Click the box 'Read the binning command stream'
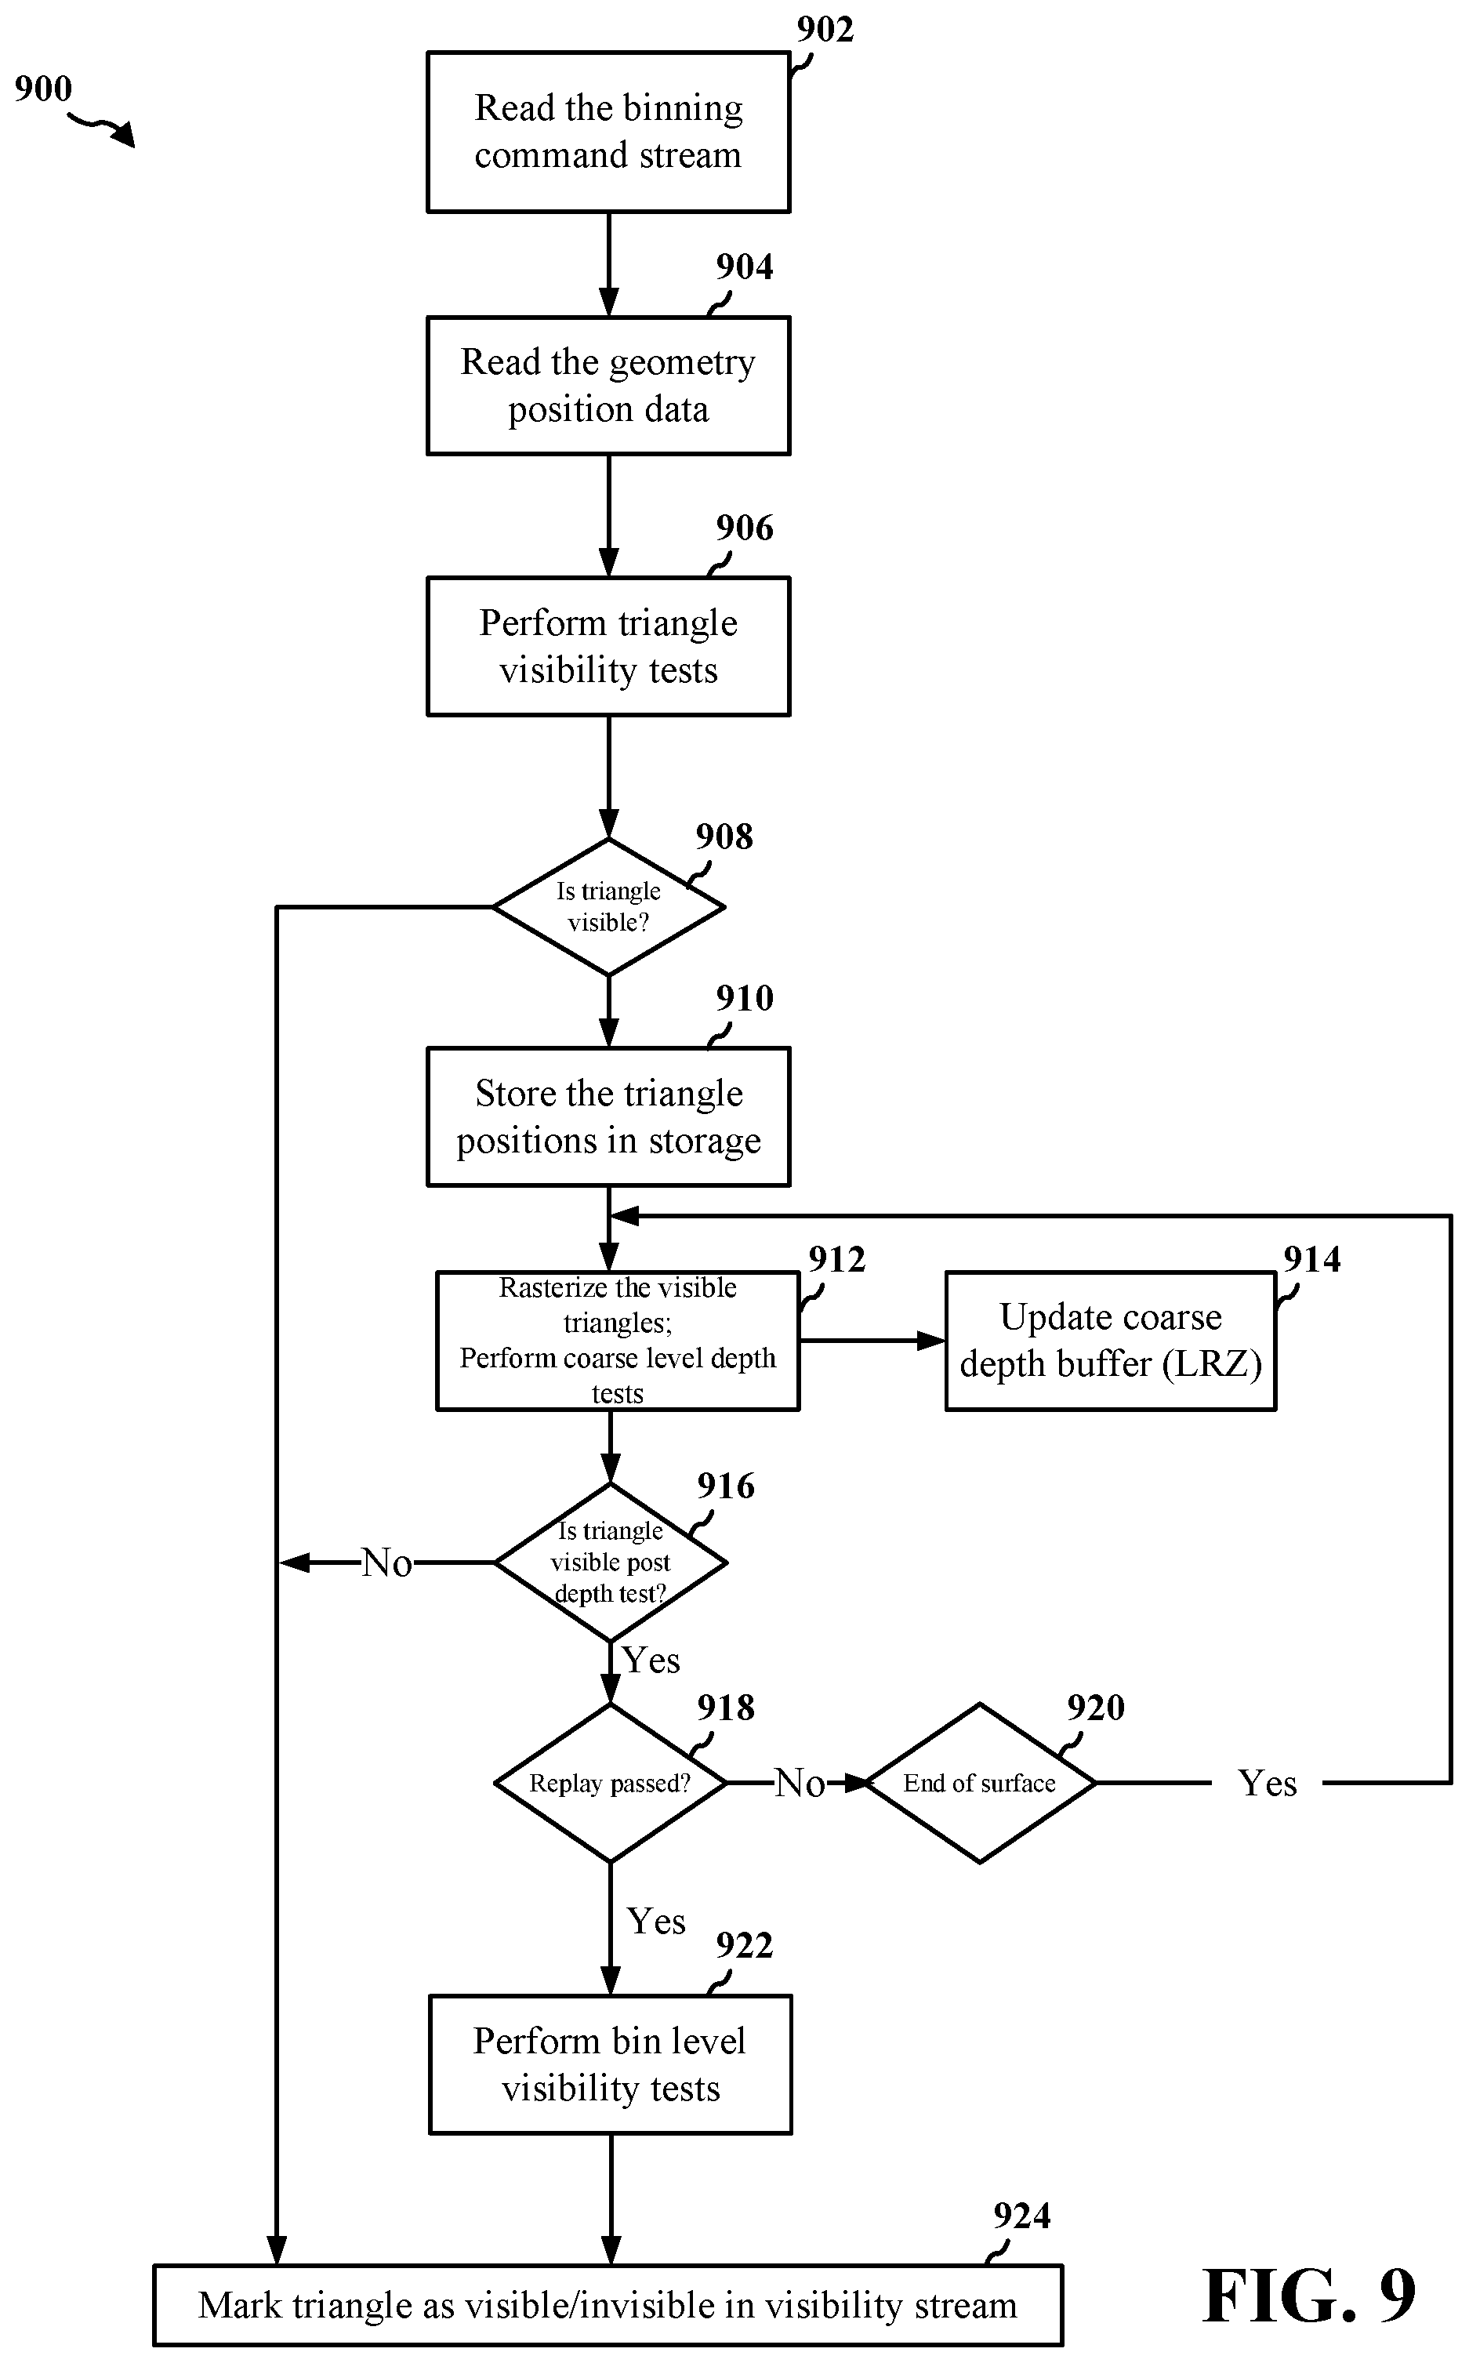(608, 132)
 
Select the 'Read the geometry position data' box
(608, 386)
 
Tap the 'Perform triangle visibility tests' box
(608, 647)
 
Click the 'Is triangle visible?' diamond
(609, 906)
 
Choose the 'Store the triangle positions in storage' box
(608, 1116)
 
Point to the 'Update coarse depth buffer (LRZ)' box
(1111, 1341)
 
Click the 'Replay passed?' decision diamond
(610, 1783)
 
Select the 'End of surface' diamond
(979, 1783)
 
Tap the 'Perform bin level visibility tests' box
(610, 2065)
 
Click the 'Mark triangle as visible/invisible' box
(608, 2305)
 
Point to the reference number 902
(825, 30)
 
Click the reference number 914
(1311, 1259)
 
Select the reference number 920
(1095, 1707)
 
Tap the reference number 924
(1021, 2216)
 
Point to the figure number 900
(43, 89)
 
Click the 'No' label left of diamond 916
(386, 1563)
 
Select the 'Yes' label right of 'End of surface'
(1267, 1784)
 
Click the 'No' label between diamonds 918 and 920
(800, 1784)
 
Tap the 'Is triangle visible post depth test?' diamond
(610, 1563)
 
